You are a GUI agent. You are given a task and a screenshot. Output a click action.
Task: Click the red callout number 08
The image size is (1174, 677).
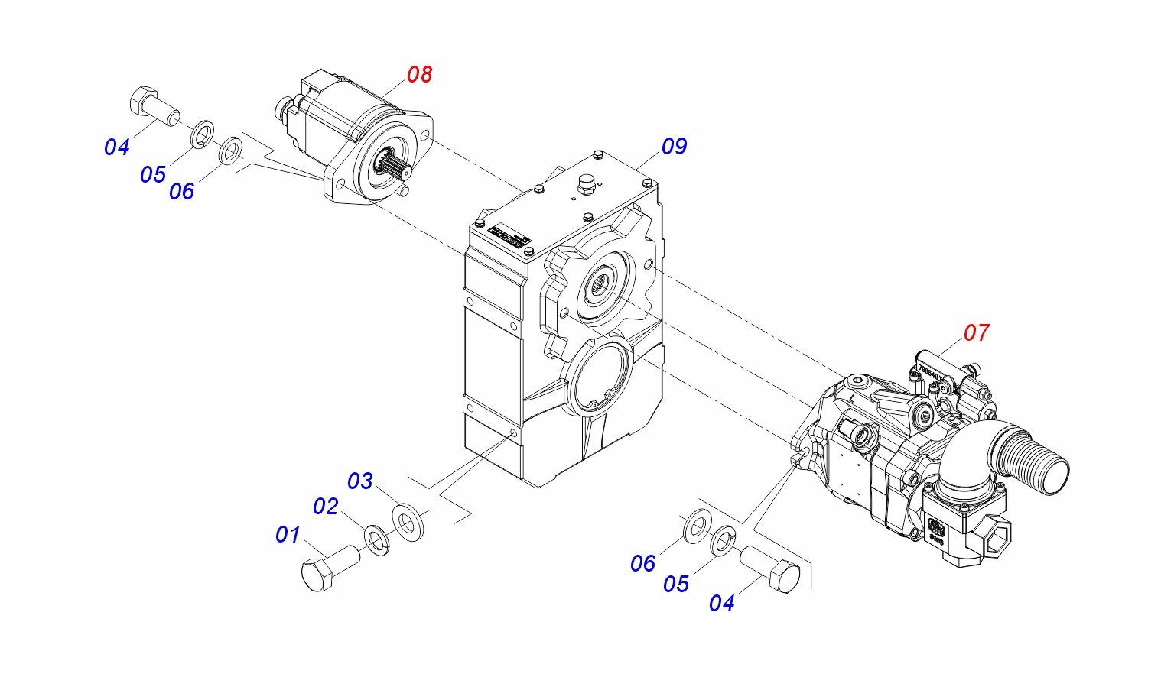(x=419, y=75)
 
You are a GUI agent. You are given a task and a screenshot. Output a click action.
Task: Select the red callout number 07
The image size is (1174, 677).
(x=976, y=333)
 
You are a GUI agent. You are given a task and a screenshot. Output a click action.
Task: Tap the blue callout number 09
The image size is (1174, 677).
(x=674, y=146)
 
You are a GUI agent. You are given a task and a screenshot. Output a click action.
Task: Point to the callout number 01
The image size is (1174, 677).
(x=288, y=534)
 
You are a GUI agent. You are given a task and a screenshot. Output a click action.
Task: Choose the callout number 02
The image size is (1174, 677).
(x=325, y=507)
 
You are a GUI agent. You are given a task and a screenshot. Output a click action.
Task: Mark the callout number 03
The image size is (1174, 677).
(x=359, y=481)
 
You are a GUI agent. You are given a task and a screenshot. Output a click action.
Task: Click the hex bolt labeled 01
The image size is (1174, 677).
(x=328, y=569)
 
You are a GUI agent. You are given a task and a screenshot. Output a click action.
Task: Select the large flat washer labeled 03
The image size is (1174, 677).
(x=409, y=522)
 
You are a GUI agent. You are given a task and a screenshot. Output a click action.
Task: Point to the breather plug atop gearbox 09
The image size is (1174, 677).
(x=587, y=184)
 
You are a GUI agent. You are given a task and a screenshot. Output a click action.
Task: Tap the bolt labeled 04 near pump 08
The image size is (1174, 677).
(x=151, y=106)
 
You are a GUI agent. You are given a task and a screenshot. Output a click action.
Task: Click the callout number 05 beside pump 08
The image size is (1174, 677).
(x=152, y=175)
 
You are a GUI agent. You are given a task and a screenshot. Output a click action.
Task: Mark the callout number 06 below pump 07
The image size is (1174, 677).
(x=642, y=564)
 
